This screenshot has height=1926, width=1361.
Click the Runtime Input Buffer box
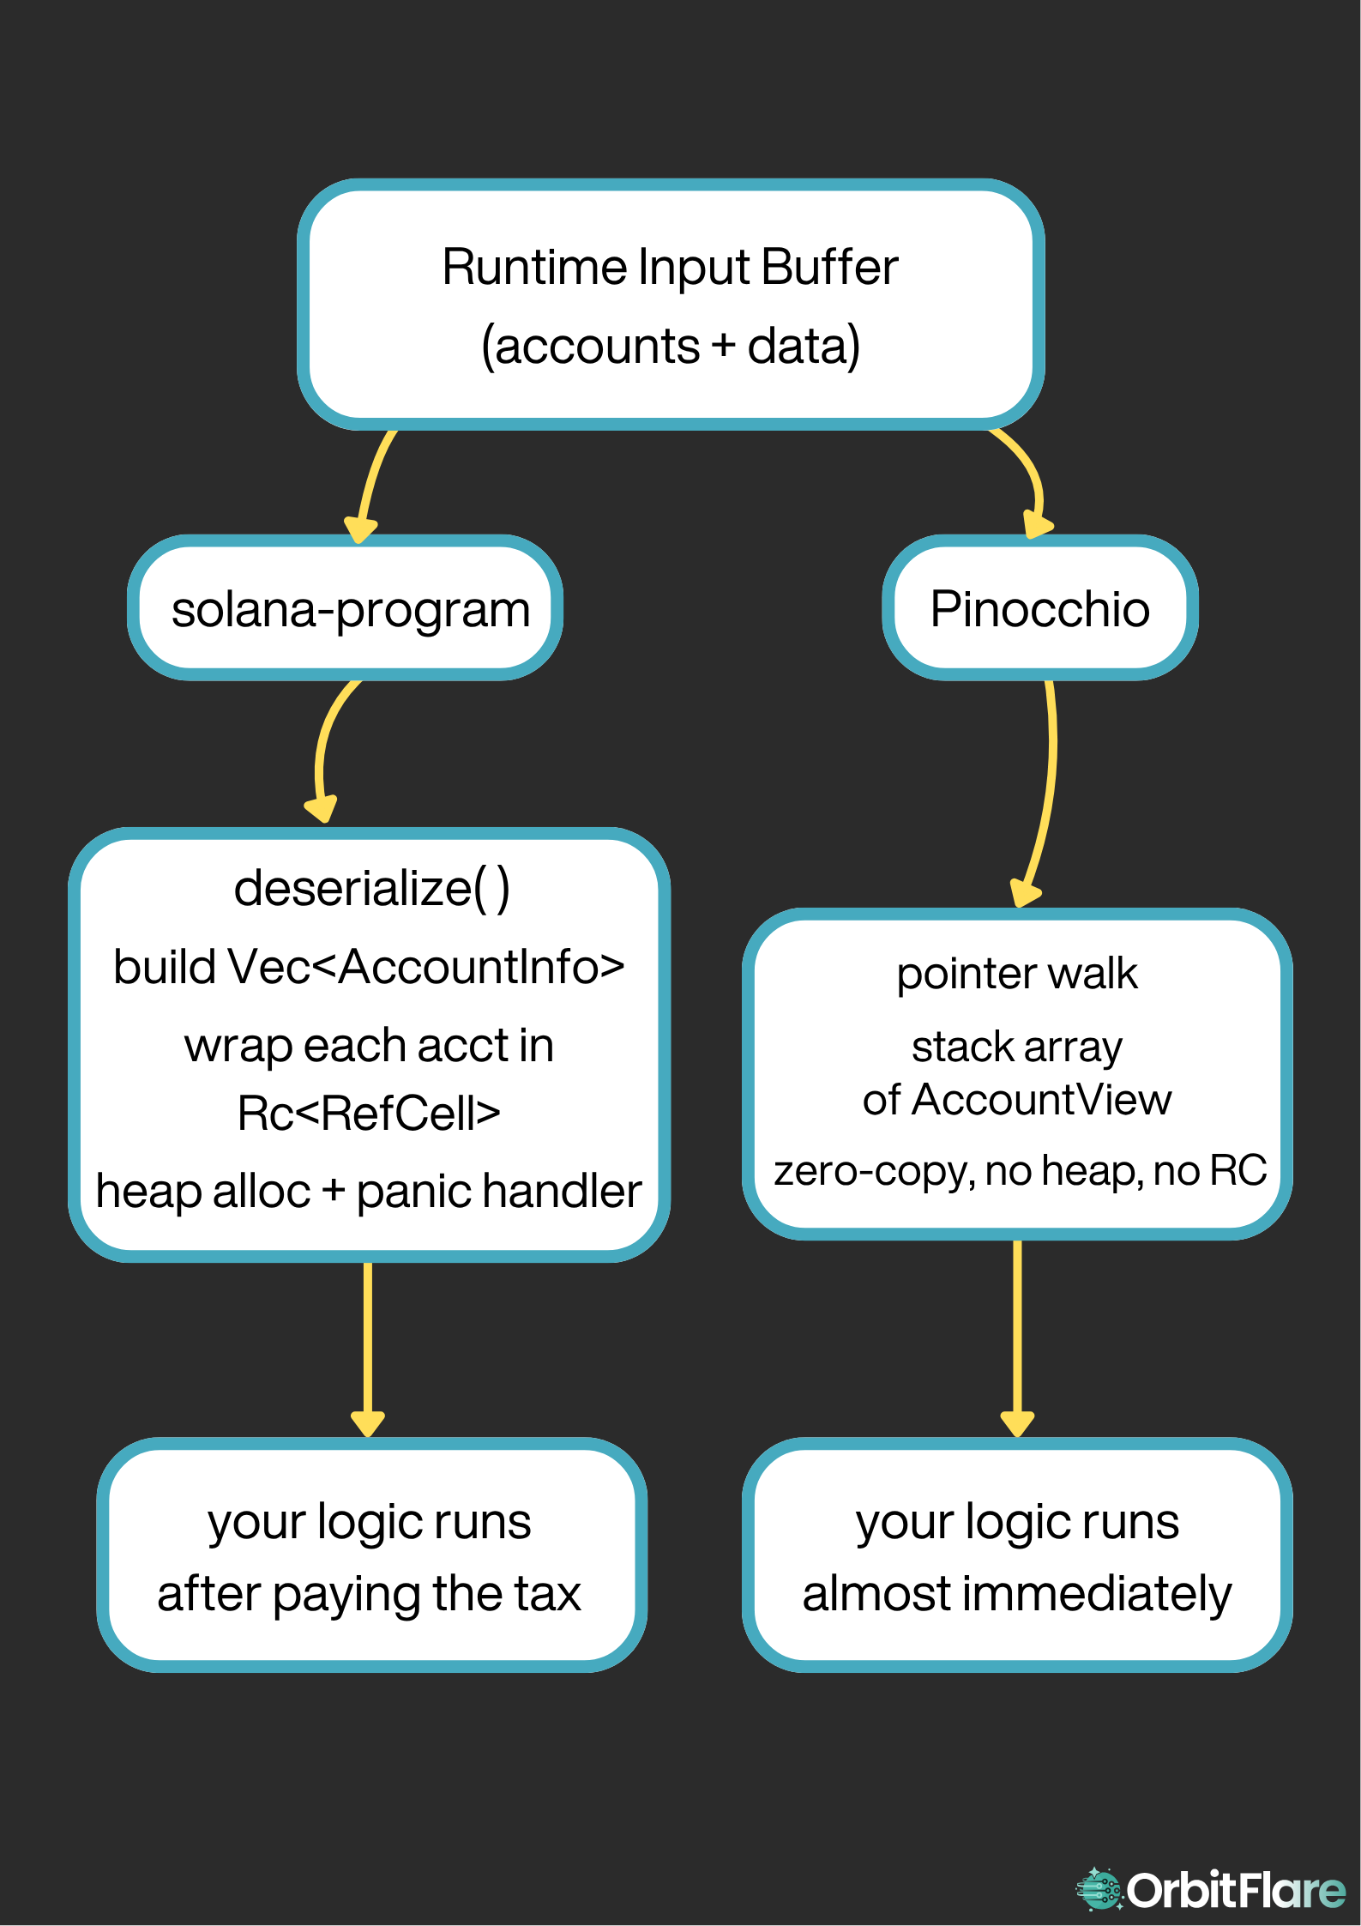tap(671, 305)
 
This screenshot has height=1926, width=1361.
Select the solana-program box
tap(345, 607)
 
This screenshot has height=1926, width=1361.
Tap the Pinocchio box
tap(1039, 607)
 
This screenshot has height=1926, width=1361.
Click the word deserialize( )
tap(372, 888)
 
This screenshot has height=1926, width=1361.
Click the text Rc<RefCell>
tap(369, 1114)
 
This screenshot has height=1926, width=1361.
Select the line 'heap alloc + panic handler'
tap(369, 1192)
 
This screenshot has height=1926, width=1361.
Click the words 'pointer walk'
tap(1017, 975)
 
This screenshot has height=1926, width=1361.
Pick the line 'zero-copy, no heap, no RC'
tap(1021, 1171)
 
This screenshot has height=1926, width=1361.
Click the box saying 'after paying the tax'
tap(371, 1555)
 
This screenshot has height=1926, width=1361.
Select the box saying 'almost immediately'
tap(1017, 1555)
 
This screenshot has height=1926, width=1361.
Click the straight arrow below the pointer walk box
tap(1017, 1338)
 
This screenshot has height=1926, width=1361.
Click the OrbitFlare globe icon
tap(1099, 1889)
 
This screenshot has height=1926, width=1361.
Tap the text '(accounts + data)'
tap(671, 346)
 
